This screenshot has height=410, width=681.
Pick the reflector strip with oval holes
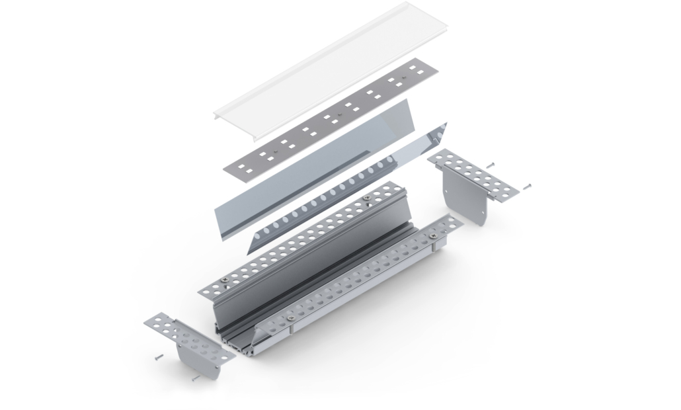(344, 192)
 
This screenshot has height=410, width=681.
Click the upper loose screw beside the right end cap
(490, 164)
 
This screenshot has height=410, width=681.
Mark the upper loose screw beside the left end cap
(158, 356)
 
